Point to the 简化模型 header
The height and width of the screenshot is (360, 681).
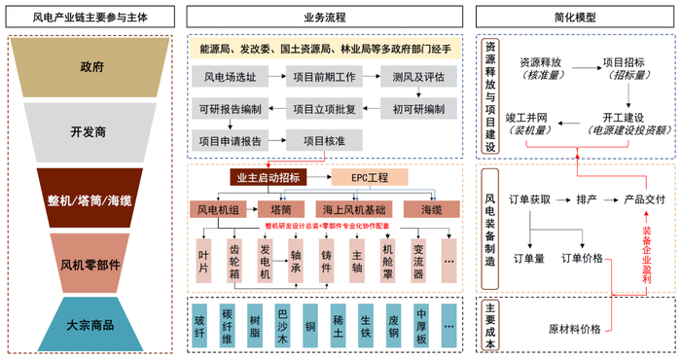coord(577,17)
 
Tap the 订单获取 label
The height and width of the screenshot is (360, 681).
coord(530,199)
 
